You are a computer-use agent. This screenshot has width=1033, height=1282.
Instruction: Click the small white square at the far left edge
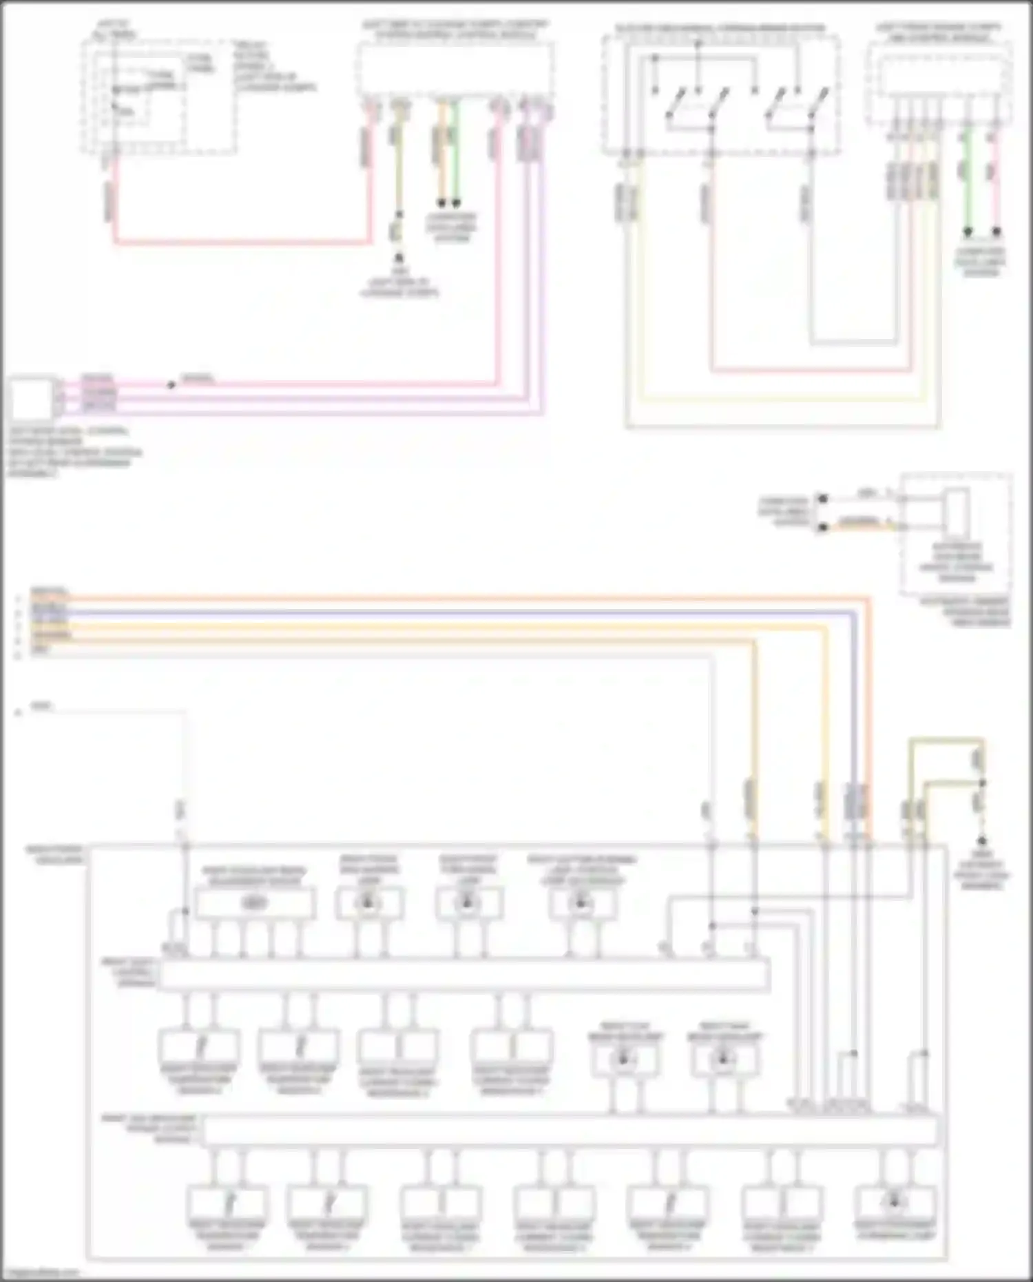(x=30, y=397)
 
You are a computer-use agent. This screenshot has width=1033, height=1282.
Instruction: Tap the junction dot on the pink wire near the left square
(x=171, y=384)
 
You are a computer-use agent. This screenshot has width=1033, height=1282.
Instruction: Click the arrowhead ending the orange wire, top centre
(x=441, y=203)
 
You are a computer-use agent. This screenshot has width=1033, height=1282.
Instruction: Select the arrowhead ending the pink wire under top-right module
(x=996, y=233)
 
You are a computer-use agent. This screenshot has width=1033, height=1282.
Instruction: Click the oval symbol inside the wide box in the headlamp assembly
(x=255, y=903)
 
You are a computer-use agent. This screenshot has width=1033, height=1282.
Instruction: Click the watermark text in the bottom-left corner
(x=40, y=1273)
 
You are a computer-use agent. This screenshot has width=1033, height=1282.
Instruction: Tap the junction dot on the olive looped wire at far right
(x=983, y=783)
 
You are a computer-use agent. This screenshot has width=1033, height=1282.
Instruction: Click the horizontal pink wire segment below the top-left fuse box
(x=241, y=242)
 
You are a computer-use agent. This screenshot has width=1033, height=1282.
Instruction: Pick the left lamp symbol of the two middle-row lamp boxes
(x=623, y=1059)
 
